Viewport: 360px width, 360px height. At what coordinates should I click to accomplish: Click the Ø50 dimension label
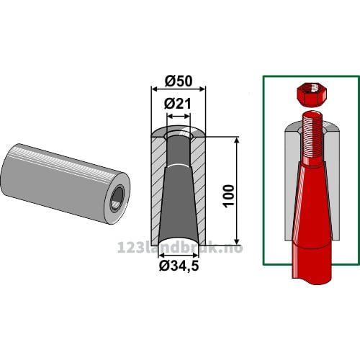click(x=179, y=81)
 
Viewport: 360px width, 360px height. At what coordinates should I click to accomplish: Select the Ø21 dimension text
click(x=178, y=104)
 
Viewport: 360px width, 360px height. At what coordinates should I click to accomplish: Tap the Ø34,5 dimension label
click(x=179, y=266)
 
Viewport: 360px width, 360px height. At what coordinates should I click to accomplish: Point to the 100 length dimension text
click(x=228, y=195)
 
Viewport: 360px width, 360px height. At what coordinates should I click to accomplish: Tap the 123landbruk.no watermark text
click(x=180, y=247)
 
